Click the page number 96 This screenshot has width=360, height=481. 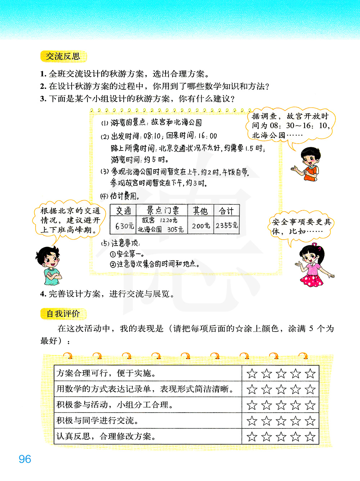[x=25, y=459]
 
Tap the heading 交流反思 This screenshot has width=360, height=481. [x=63, y=57]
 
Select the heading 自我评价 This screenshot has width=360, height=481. [x=63, y=314]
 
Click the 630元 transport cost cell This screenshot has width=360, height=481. [x=124, y=226]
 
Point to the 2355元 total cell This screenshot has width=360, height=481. [x=226, y=225]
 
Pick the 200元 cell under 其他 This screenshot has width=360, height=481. [x=201, y=226]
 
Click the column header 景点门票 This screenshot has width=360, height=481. [x=163, y=210]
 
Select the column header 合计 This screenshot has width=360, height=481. [x=226, y=211]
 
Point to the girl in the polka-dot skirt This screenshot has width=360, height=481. [x=311, y=265]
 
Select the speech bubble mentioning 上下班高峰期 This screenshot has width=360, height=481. [x=70, y=220]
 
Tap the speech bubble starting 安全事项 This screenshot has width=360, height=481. [x=301, y=226]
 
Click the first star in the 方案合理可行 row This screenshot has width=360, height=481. [x=252, y=374]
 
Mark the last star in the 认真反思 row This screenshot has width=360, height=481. [x=310, y=437]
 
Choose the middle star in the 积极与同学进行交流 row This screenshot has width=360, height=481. [x=281, y=421]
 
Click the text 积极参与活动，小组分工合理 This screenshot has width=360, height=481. [x=114, y=405]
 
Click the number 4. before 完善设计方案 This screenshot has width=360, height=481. [x=43, y=294]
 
